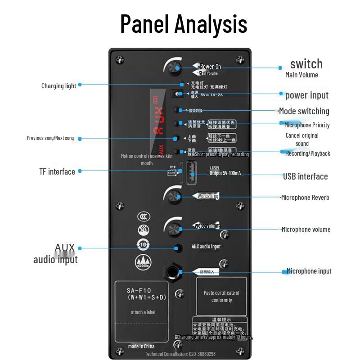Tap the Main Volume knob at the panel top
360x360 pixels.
point(173,68)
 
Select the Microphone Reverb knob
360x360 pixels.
point(173,196)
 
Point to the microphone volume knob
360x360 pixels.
point(173,229)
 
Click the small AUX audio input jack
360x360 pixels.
point(179,248)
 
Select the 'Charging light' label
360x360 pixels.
point(58,85)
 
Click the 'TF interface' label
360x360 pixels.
point(57,171)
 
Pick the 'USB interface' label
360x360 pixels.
point(305,176)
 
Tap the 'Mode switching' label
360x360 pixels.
point(304,111)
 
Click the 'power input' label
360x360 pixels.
point(307,95)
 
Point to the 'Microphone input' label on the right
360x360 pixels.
point(309,271)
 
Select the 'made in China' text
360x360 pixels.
point(141,346)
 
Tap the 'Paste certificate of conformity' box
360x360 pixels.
point(221,296)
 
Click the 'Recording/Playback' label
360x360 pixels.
point(308,153)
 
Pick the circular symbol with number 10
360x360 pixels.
point(144,244)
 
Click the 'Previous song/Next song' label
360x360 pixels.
point(50,138)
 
